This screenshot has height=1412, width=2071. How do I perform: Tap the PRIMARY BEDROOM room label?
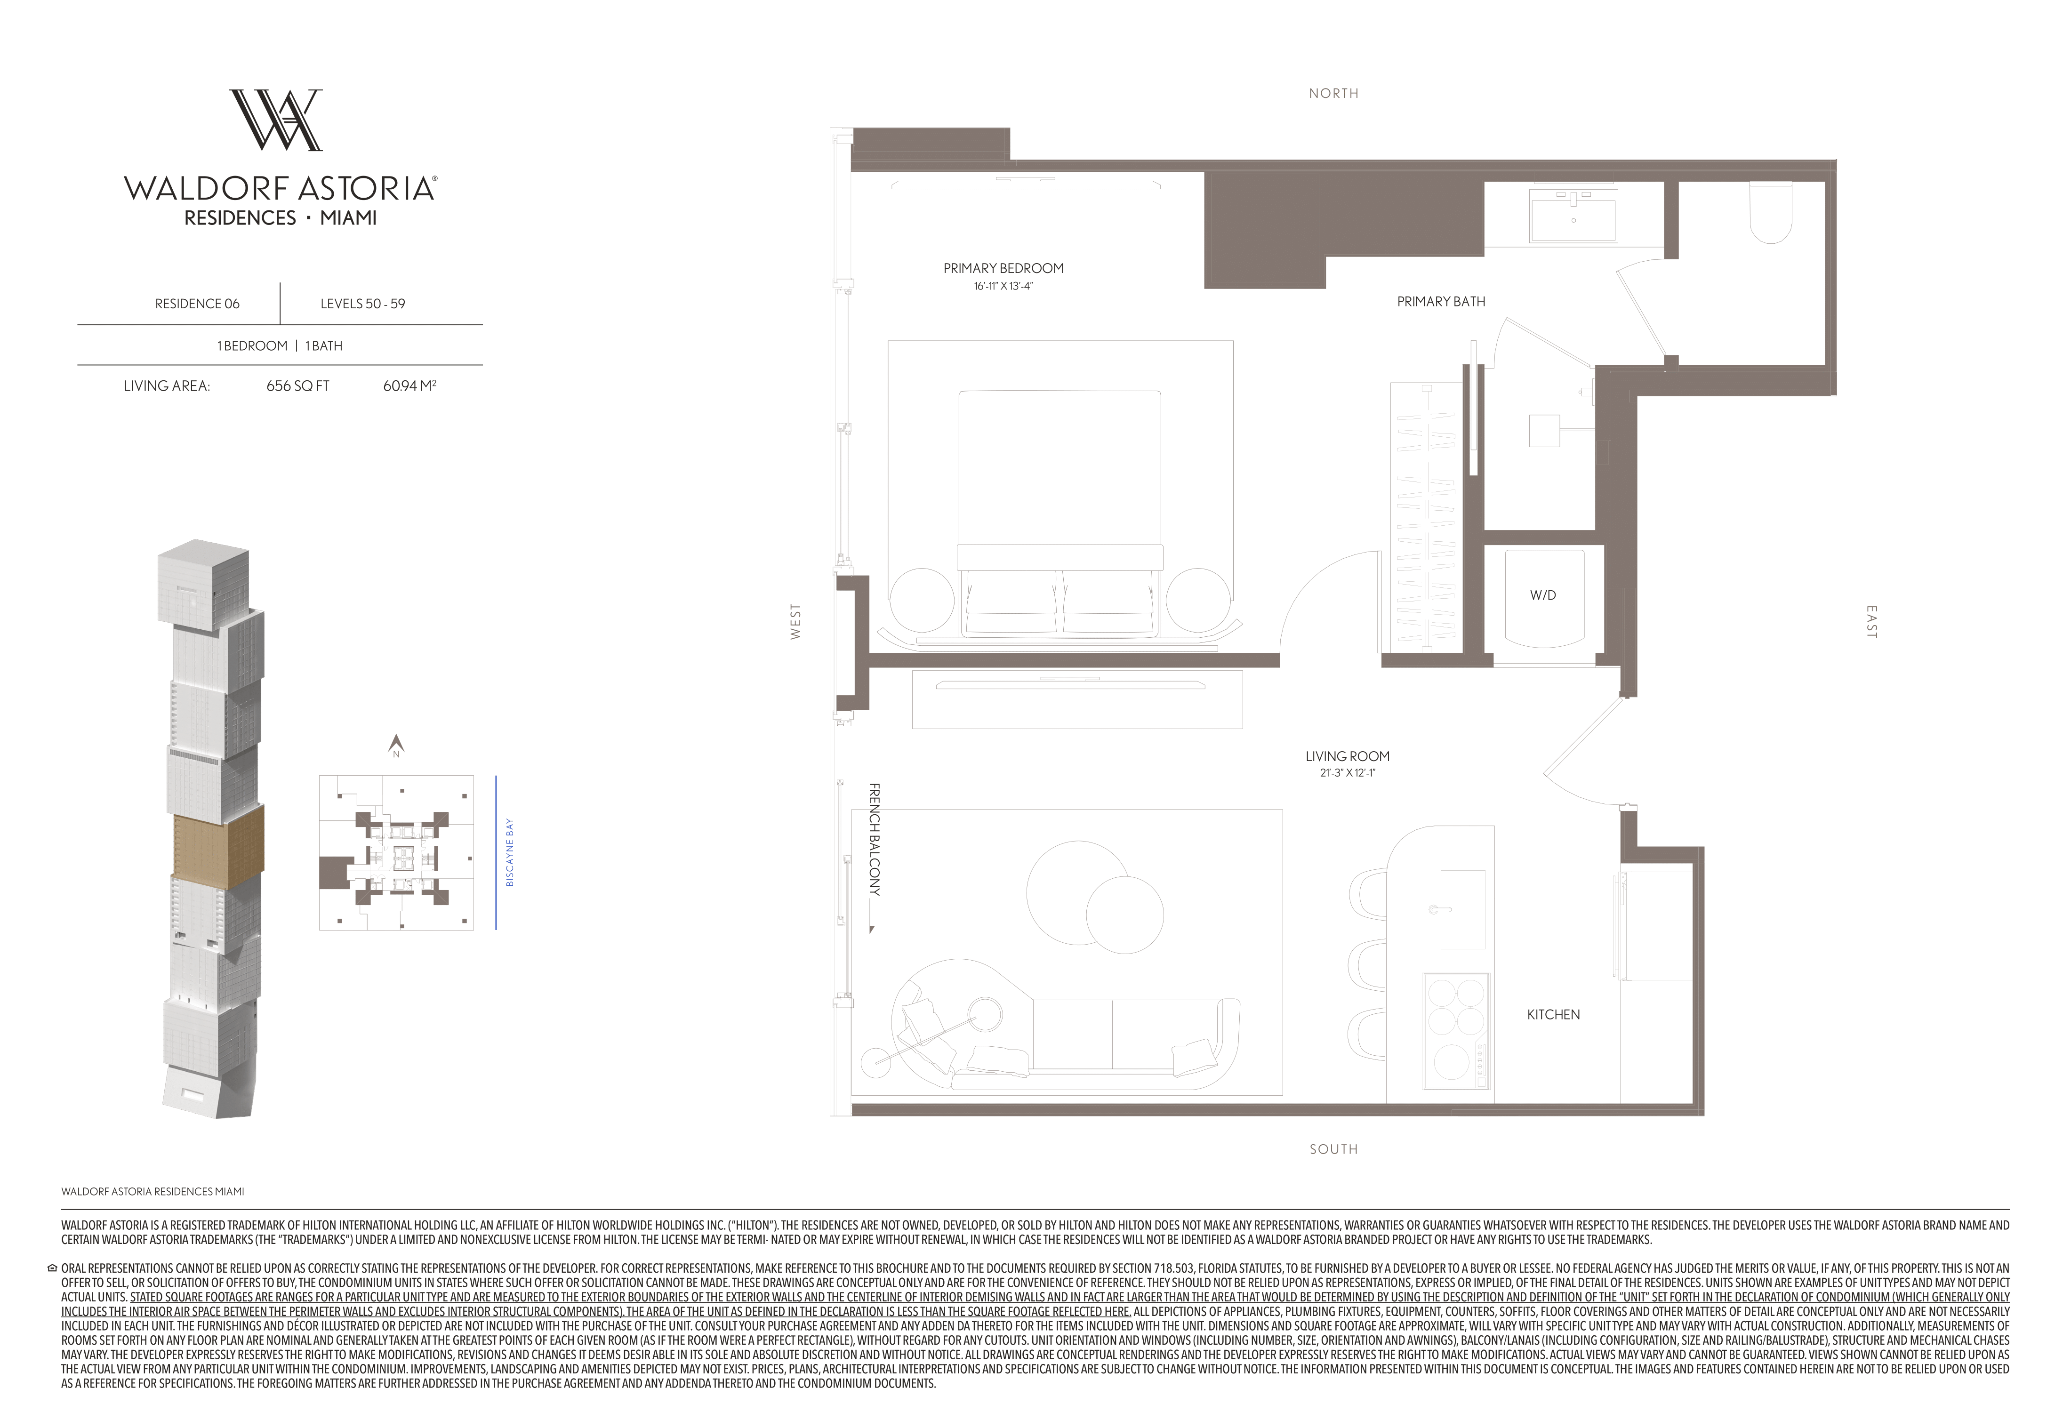click(x=1003, y=268)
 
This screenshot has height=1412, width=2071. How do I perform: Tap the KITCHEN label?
click(x=1553, y=1015)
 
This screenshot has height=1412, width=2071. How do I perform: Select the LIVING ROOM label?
click(x=1348, y=756)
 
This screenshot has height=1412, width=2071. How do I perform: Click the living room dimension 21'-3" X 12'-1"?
click(x=1348, y=773)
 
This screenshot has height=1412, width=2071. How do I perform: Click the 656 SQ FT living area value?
click(x=297, y=386)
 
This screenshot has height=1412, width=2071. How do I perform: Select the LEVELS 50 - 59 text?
click(x=363, y=304)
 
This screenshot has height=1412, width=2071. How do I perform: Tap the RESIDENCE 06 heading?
click(x=197, y=304)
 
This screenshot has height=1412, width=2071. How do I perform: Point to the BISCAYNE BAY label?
click(x=510, y=852)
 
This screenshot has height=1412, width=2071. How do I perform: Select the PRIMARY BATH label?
click(x=1441, y=302)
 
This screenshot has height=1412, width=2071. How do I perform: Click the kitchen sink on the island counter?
click(x=1462, y=909)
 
